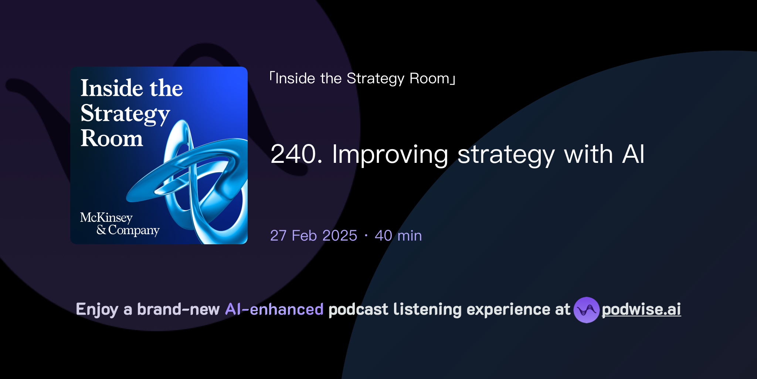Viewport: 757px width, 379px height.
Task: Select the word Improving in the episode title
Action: (x=390, y=155)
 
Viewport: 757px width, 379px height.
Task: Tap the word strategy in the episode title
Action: (x=506, y=155)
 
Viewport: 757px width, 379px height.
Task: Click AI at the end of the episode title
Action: (x=633, y=154)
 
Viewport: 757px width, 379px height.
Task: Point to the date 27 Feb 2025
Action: (x=313, y=236)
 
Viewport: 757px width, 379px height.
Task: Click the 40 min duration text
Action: (x=398, y=236)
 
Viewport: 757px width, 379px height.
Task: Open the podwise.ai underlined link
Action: (x=641, y=309)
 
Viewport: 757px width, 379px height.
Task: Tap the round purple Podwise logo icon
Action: (x=586, y=310)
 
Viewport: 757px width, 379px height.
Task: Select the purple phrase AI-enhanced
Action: (x=274, y=309)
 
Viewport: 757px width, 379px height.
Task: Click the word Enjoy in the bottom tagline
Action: (x=97, y=309)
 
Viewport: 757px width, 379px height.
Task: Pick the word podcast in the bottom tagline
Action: (x=358, y=309)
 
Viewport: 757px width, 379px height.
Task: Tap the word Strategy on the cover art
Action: (x=125, y=114)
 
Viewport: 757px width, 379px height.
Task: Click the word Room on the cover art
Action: (x=112, y=138)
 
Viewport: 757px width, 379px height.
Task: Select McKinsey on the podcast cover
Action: (x=106, y=217)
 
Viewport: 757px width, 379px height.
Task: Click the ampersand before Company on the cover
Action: (x=101, y=230)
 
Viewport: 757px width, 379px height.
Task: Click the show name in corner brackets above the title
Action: (x=362, y=78)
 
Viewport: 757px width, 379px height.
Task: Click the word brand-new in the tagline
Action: (x=178, y=309)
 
